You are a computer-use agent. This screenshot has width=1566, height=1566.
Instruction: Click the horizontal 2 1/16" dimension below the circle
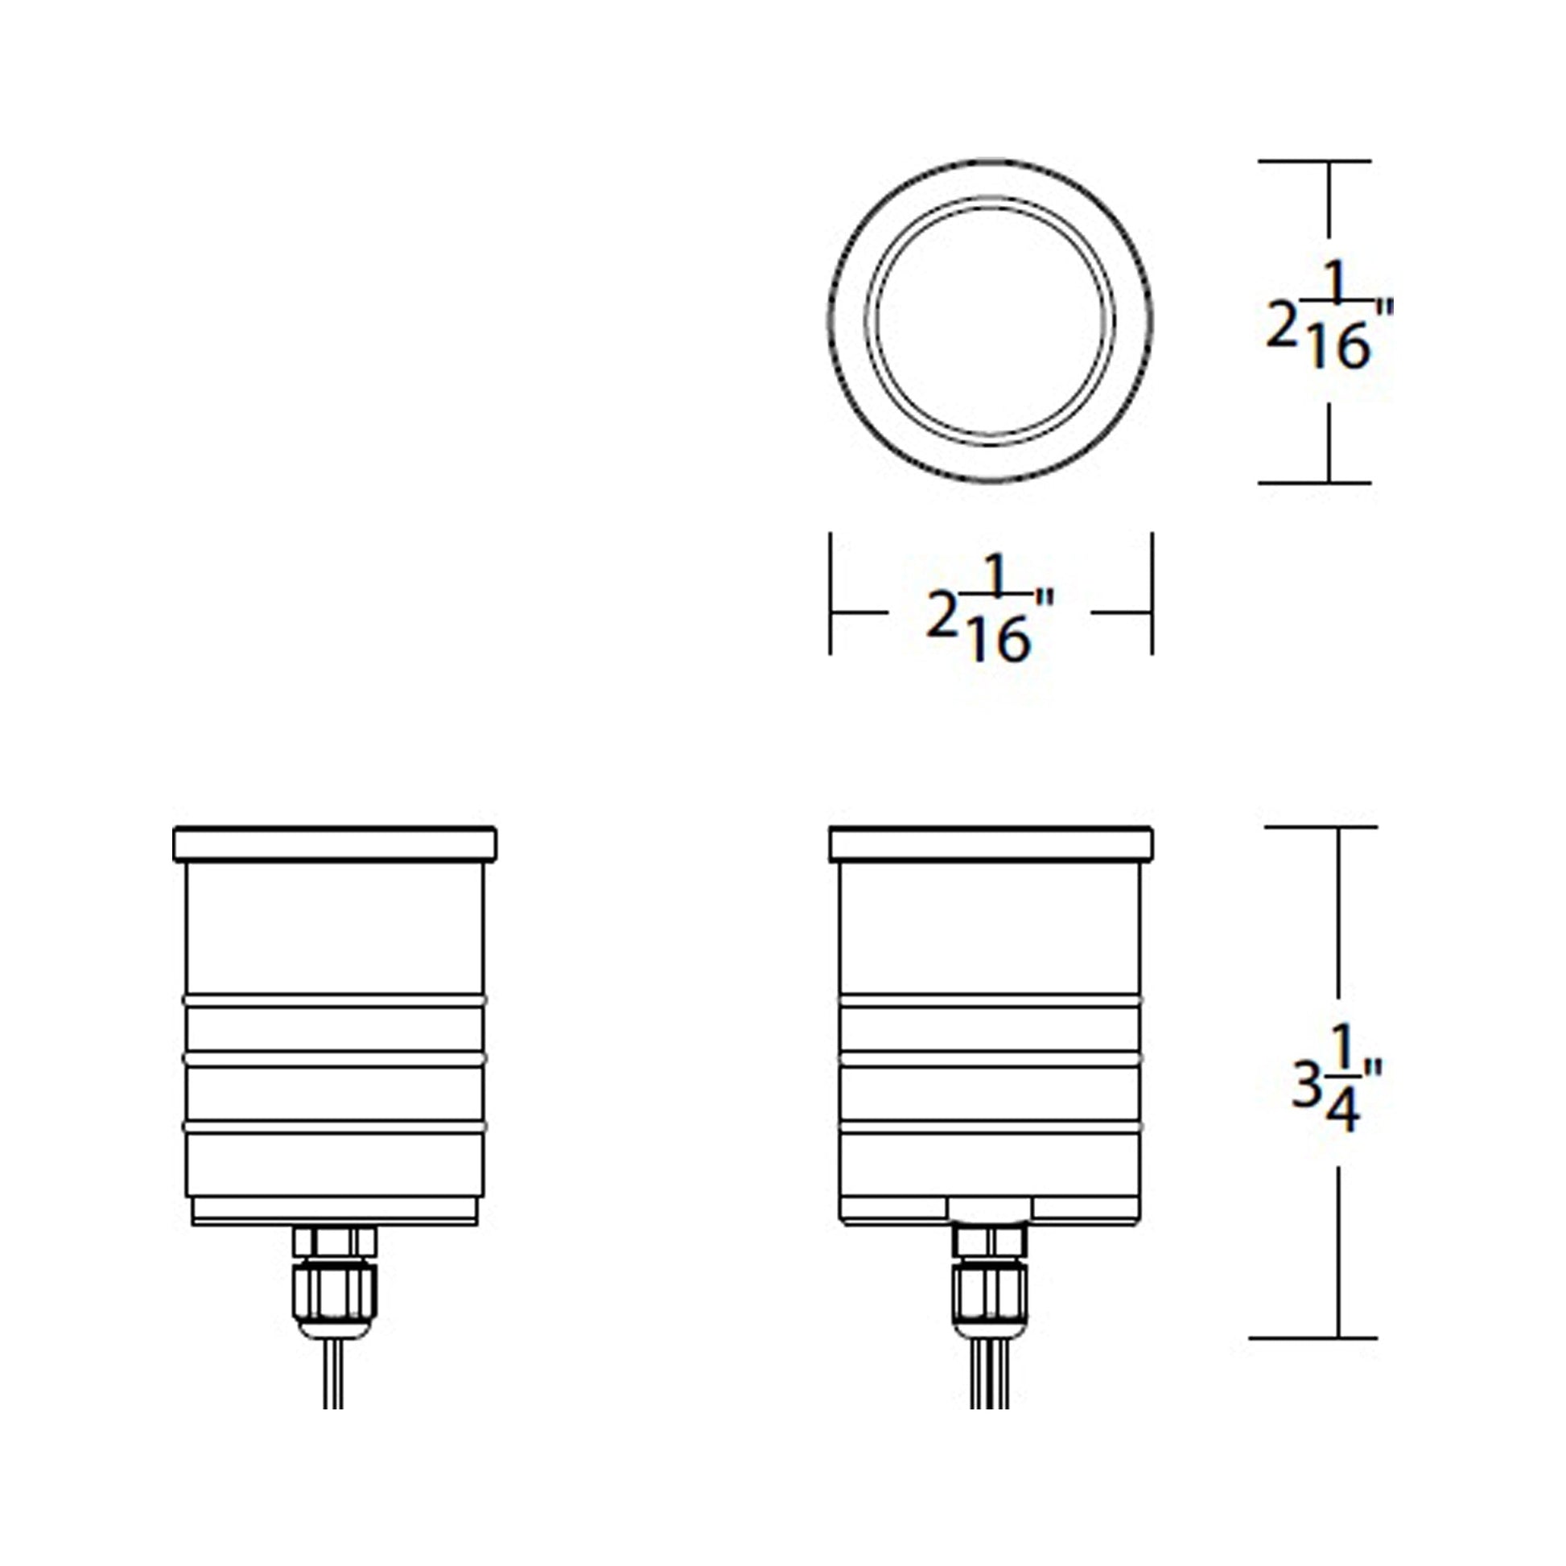click(990, 611)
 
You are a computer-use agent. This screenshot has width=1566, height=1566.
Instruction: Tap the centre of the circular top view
click(991, 321)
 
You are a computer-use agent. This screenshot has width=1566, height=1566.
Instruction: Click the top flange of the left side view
click(335, 844)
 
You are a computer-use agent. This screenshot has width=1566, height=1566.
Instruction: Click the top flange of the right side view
click(991, 844)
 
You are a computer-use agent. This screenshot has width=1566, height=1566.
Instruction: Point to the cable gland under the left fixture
click(334, 1280)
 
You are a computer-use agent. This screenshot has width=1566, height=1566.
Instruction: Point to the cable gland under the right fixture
click(990, 1280)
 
